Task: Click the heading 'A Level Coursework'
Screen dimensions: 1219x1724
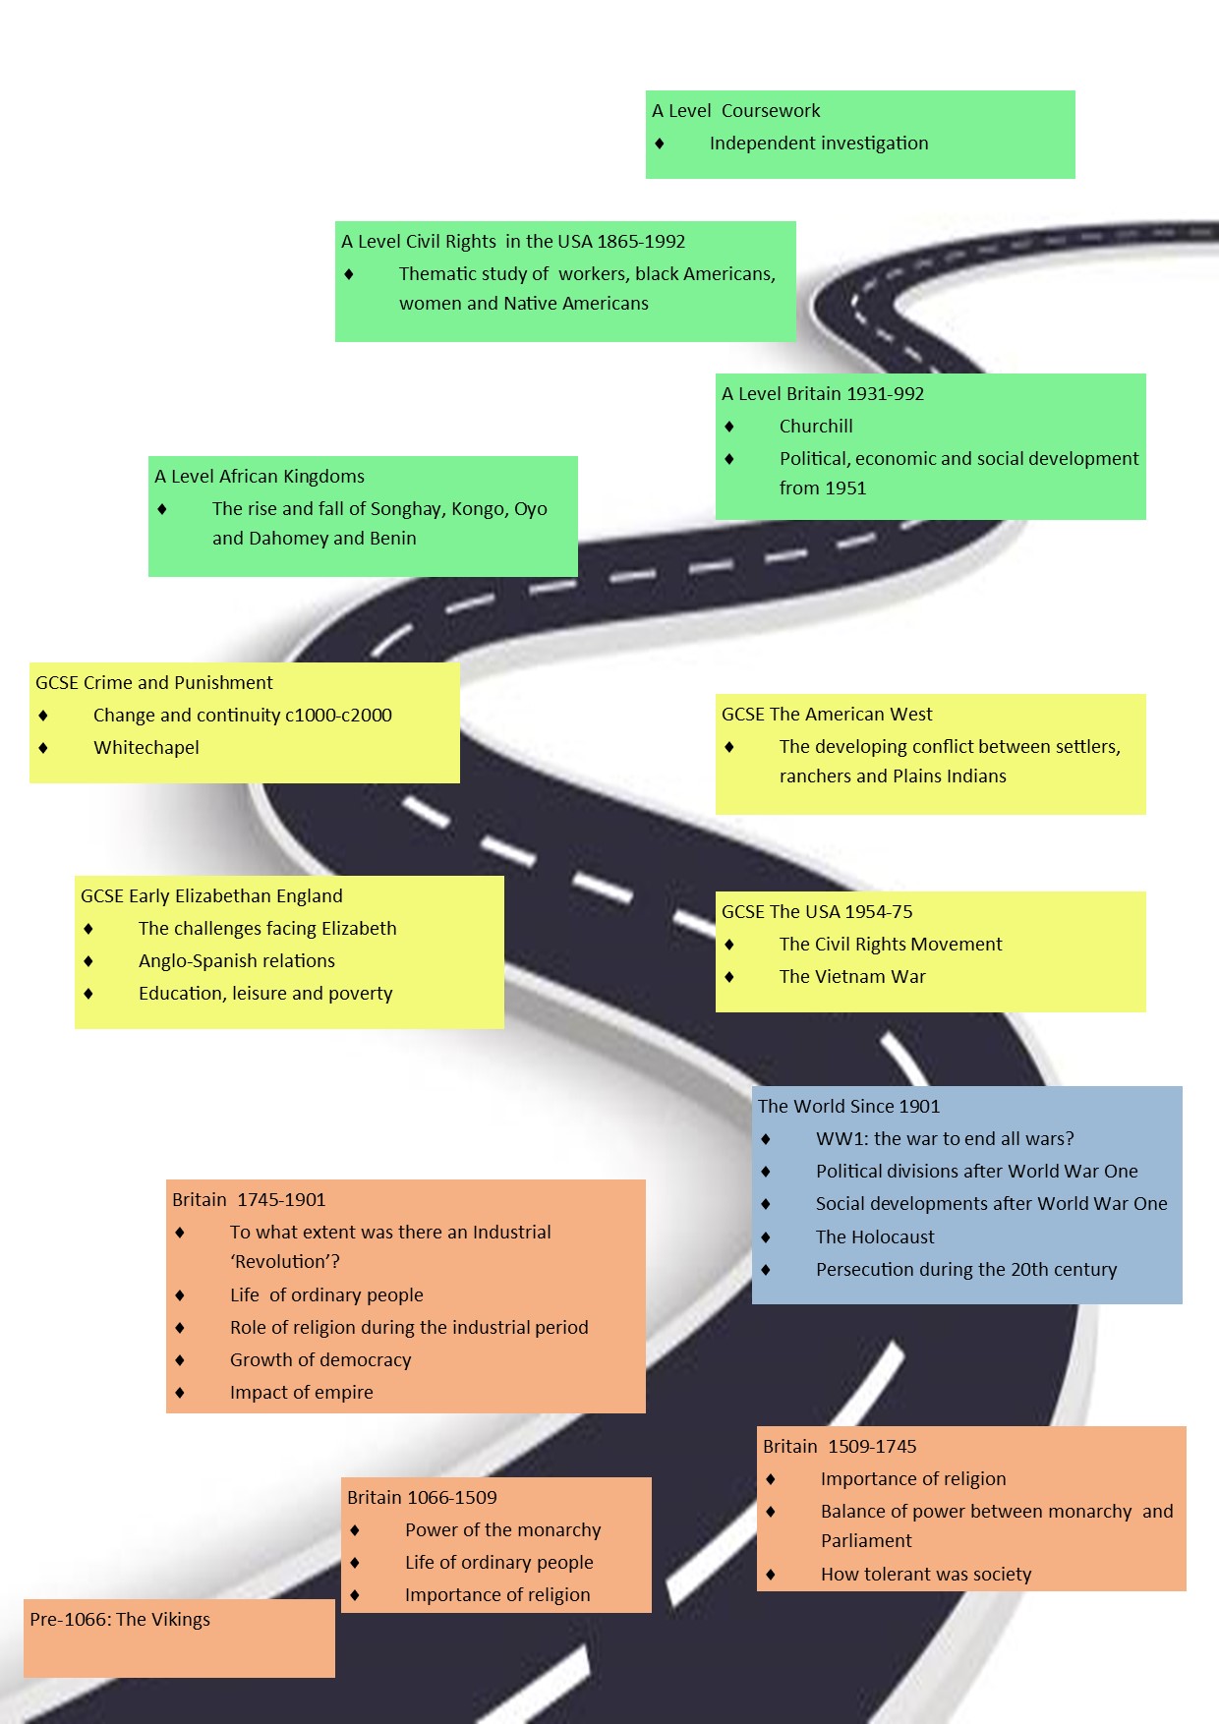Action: coord(736,111)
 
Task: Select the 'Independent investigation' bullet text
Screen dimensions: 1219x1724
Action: coord(819,144)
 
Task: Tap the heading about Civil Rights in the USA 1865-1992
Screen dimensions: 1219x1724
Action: coord(513,242)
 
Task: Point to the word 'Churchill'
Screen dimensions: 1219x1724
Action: coord(816,427)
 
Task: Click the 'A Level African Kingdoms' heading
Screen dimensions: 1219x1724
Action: coord(260,477)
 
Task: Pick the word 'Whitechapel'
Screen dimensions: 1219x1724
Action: coord(146,748)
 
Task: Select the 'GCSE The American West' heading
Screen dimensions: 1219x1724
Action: coord(827,715)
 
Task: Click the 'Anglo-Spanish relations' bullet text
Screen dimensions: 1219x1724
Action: coord(237,961)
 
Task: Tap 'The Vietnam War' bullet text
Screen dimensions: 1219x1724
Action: coord(852,977)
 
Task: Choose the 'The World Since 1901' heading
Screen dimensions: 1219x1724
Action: coord(848,1107)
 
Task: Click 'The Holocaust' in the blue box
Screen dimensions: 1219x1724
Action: coord(875,1237)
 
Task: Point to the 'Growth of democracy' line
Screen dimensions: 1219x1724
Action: coord(320,1360)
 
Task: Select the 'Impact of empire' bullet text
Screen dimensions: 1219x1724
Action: coord(302,1393)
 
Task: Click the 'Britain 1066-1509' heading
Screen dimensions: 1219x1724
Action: coord(422,1498)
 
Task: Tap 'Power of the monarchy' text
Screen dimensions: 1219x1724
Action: coord(502,1530)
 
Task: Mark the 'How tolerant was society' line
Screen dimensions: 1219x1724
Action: coord(926,1575)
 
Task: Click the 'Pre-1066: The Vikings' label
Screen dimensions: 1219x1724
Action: coord(120,1620)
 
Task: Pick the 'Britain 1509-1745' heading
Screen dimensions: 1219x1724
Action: coord(840,1447)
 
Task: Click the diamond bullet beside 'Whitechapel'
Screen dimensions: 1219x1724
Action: coord(43,748)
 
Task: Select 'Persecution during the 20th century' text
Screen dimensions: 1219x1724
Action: coord(966,1270)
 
